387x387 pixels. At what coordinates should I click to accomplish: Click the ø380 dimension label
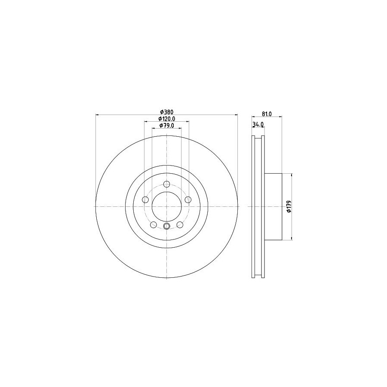[x=166, y=112]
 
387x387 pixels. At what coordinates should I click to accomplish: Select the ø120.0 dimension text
[x=166, y=119]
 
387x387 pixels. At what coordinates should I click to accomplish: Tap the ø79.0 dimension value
[x=166, y=126]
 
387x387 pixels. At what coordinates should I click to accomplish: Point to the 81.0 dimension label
[x=267, y=114]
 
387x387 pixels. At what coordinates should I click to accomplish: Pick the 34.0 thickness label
[x=258, y=124]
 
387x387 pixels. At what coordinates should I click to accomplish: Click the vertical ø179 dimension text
[x=289, y=206]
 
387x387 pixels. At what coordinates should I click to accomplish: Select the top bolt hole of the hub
[x=167, y=184]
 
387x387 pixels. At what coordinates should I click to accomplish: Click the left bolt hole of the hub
[x=146, y=200]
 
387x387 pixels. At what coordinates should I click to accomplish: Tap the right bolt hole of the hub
[x=188, y=200]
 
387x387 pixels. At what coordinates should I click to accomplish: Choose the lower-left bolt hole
[x=154, y=224]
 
